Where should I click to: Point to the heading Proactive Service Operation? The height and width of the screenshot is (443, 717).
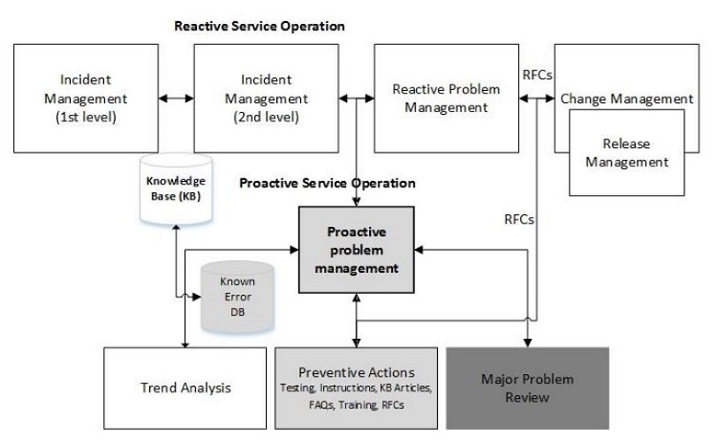(327, 182)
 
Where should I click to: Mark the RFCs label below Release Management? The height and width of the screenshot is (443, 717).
(520, 218)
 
